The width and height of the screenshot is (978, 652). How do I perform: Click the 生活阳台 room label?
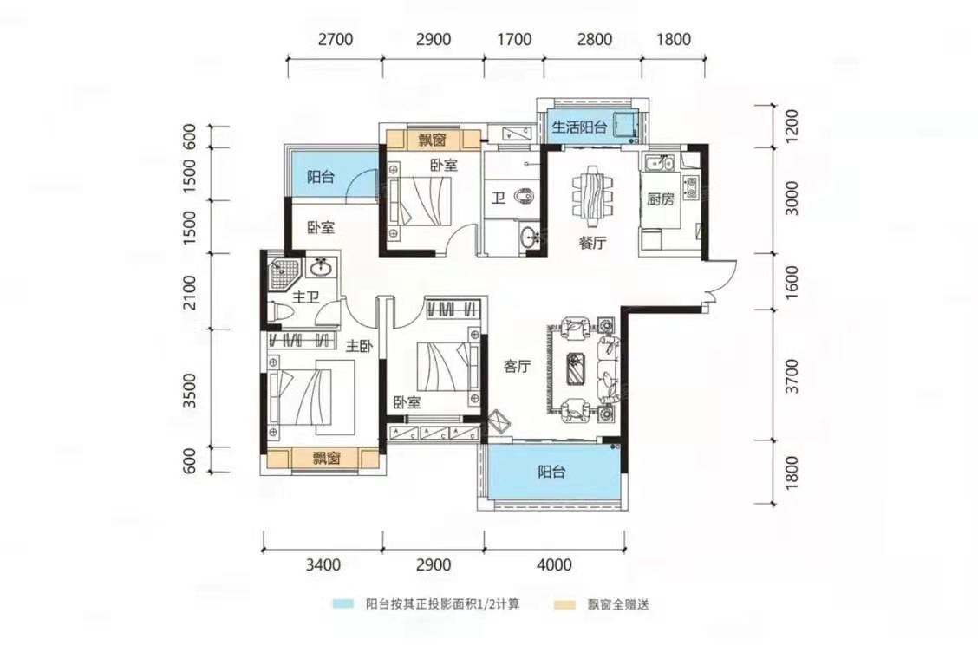click(579, 127)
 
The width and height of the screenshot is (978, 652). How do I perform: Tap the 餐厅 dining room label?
click(592, 242)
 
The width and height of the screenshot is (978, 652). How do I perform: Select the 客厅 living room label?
click(517, 366)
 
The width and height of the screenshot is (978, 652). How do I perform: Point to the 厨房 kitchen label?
click(660, 199)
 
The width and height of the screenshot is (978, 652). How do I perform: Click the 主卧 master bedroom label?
click(360, 345)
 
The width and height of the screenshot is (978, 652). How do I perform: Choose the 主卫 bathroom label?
click(305, 297)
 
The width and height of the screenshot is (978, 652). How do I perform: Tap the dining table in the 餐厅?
click(592, 192)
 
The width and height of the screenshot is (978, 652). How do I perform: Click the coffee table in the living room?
click(575, 366)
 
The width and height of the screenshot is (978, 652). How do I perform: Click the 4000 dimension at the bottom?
click(554, 564)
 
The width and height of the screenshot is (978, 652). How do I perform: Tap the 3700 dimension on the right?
click(792, 375)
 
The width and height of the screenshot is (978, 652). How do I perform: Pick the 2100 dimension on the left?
click(190, 291)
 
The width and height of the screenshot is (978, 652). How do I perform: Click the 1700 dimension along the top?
click(514, 39)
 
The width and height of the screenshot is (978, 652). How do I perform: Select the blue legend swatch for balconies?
click(342, 604)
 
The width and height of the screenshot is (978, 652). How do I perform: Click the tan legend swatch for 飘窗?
click(564, 604)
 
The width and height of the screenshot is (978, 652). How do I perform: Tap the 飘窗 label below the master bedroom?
click(326, 459)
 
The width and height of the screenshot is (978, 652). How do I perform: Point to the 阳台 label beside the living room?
click(551, 472)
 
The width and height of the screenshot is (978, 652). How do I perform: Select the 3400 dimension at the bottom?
click(323, 564)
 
